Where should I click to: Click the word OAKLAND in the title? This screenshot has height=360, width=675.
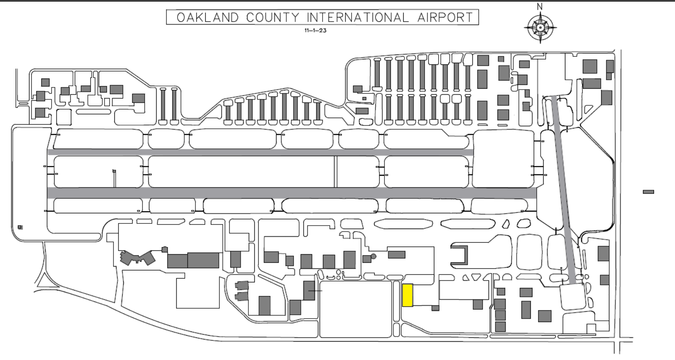[x=208, y=17]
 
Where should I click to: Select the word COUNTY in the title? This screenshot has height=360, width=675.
[x=273, y=17]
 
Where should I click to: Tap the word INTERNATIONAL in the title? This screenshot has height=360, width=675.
[x=358, y=17]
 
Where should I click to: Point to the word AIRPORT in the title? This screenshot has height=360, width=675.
[x=445, y=17]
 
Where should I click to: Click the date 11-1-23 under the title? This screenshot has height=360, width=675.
[x=315, y=30]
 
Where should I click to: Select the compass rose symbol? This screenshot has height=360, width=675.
[x=540, y=28]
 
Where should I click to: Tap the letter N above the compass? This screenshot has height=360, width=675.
[x=540, y=6]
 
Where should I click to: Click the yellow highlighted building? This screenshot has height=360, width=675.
[x=407, y=295]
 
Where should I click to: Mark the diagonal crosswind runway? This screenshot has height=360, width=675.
[x=566, y=190]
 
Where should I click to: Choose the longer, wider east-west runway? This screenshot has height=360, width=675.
[x=292, y=193]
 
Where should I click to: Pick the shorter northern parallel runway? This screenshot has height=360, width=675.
[x=260, y=152]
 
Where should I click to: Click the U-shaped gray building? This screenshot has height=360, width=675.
[x=459, y=255]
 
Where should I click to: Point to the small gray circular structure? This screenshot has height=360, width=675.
[x=373, y=256]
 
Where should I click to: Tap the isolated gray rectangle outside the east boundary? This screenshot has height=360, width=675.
[x=649, y=192]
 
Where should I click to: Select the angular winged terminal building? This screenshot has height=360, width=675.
[x=137, y=258]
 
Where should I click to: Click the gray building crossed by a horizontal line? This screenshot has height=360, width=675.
[x=309, y=291]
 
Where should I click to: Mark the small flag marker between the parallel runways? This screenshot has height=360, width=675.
[x=114, y=171]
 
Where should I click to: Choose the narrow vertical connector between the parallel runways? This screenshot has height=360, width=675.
[x=335, y=171]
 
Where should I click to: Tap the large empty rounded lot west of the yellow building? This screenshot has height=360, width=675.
[x=355, y=309]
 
